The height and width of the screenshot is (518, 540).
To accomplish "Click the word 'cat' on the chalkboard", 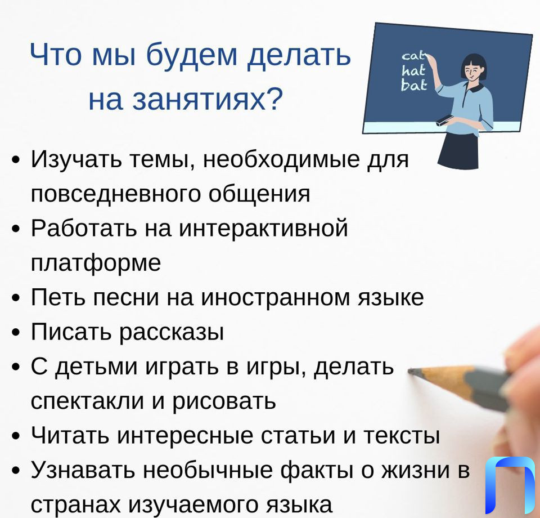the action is click(413, 56).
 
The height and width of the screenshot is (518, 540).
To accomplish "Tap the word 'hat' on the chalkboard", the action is click(413, 70).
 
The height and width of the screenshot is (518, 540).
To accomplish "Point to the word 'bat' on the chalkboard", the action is click(414, 85).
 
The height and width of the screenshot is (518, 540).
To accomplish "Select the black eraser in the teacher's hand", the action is click(445, 120).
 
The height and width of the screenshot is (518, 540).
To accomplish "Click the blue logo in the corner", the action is click(510, 485).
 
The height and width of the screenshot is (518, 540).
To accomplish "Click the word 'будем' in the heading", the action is click(192, 55).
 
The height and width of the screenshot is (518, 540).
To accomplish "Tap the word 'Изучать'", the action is click(76, 159).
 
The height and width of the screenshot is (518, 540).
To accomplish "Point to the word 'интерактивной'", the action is click(263, 228).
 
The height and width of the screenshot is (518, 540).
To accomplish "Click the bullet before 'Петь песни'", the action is click(16, 297).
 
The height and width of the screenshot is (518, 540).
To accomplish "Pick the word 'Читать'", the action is click(70, 435).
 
